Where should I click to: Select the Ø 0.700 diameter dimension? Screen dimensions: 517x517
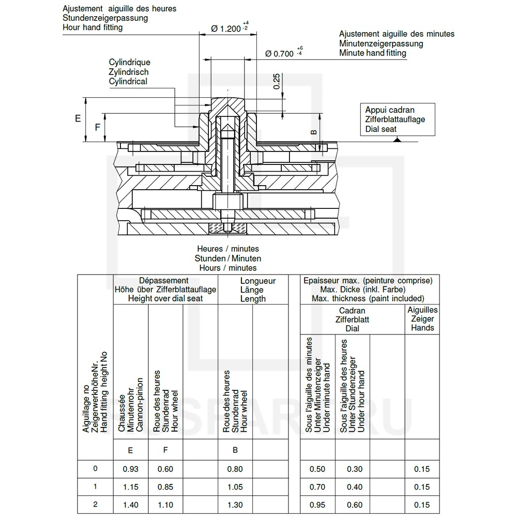279,53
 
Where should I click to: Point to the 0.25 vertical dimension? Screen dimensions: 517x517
277,81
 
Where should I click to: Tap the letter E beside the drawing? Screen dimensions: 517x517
78,118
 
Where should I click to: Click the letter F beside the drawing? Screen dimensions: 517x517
97,127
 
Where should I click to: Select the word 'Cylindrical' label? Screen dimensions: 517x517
128,81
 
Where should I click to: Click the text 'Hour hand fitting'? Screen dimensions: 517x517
93,27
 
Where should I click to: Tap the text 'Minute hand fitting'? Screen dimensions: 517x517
373,53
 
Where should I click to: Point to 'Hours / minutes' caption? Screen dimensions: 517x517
228,268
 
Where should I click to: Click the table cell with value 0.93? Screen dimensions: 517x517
130,469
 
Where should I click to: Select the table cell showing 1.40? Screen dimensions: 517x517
130,505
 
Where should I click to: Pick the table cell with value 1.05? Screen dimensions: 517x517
235,487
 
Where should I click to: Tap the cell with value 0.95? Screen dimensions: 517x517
317,505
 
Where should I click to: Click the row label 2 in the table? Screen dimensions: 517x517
95,504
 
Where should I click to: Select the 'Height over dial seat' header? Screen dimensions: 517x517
165,298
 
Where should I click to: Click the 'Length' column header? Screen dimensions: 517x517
253,298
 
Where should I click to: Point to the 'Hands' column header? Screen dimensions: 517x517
422,328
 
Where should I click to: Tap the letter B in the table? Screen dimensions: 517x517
235,450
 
